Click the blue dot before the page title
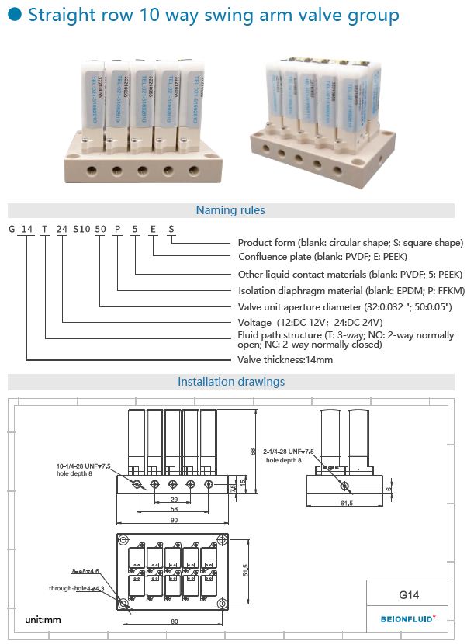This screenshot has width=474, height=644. click(x=14, y=16)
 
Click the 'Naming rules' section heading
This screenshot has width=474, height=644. click(x=230, y=210)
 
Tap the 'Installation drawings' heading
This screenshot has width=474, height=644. click(x=231, y=382)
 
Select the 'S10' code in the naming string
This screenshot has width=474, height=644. click(x=81, y=229)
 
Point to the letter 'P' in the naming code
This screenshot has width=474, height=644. click(x=117, y=229)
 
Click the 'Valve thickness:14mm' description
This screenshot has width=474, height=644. click(x=284, y=360)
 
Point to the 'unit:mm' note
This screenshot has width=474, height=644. click(x=43, y=620)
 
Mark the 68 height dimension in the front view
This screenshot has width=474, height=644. click(x=252, y=451)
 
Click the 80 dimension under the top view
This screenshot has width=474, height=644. click(x=174, y=621)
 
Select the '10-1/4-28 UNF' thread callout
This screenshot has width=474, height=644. click(x=83, y=466)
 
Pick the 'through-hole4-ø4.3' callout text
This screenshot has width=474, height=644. click(x=76, y=589)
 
